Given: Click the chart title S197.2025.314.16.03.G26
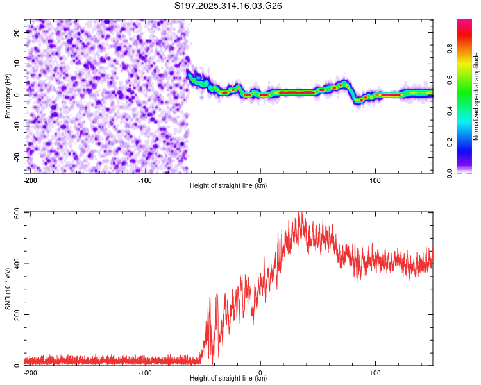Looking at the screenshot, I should (229, 6).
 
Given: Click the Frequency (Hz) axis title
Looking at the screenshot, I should (8, 95).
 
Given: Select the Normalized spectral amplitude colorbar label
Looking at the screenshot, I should (476, 96).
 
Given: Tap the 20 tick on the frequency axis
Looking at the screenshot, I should (17, 32).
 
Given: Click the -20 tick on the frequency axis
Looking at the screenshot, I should (15, 157).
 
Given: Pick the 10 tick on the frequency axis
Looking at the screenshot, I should (17, 64).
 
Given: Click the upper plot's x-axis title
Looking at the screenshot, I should (228, 186).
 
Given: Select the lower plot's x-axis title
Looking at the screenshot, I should (228, 379).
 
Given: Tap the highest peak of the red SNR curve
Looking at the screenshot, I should (299, 214).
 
